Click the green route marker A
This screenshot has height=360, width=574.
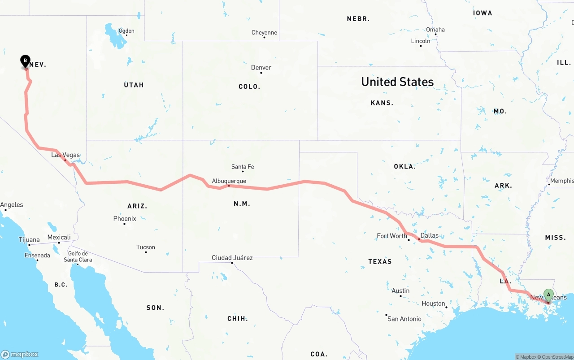[548, 295]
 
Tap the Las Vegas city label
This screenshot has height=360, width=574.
[65, 155]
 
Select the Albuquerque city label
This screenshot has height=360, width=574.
[229, 181]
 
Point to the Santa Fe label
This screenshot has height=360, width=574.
[243, 167]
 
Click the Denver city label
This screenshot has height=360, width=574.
[261, 68]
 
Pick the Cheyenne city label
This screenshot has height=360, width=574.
[264, 33]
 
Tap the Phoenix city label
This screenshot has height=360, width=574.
[125, 219]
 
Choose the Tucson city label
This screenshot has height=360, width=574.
[146, 247]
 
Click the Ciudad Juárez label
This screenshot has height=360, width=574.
[232, 258]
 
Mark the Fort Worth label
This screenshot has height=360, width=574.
[392, 236]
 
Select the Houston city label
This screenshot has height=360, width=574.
[433, 304]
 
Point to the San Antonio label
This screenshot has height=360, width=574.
[404, 319]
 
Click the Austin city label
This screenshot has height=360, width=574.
[400, 291]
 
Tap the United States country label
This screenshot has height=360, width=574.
[397, 82]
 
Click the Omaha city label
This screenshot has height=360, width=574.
[435, 30]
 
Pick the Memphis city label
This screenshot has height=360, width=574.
[562, 181]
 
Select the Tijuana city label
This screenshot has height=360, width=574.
[29, 240]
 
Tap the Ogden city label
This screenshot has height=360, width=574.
[126, 31]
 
